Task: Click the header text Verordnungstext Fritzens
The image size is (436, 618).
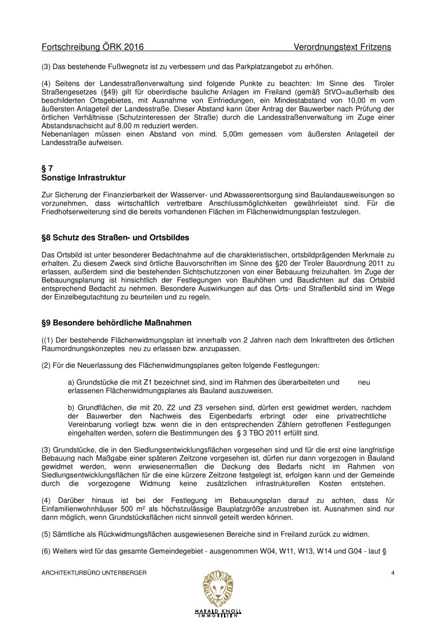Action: [x=343, y=47]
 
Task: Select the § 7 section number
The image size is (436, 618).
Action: [x=47, y=168]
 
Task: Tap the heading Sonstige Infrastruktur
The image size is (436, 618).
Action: [x=83, y=178]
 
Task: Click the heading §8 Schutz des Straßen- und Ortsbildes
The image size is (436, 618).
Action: [x=115, y=237]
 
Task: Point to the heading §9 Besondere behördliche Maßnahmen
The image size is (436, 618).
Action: [x=117, y=323]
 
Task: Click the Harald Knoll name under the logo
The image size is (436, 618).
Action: [x=218, y=610]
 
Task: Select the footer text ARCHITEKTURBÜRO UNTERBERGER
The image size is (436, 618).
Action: [x=94, y=573]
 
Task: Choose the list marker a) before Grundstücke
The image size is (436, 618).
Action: [x=71, y=382]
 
